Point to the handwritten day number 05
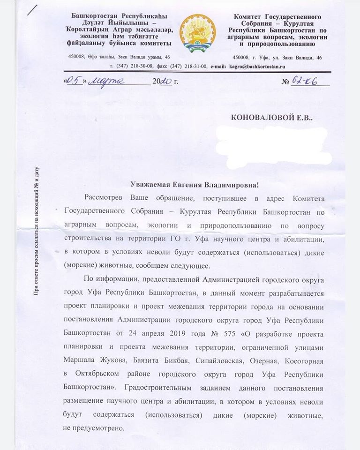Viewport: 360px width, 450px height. [x=74, y=81]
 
